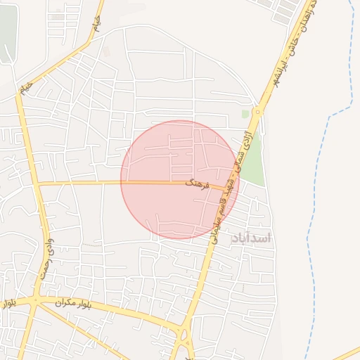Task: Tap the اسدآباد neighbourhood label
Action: click(x=251, y=238)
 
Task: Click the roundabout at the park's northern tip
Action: click(x=258, y=110)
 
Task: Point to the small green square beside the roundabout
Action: click(x=245, y=113)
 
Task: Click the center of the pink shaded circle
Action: click(x=180, y=180)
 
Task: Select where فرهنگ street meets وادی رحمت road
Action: click(x=38, y=184)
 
